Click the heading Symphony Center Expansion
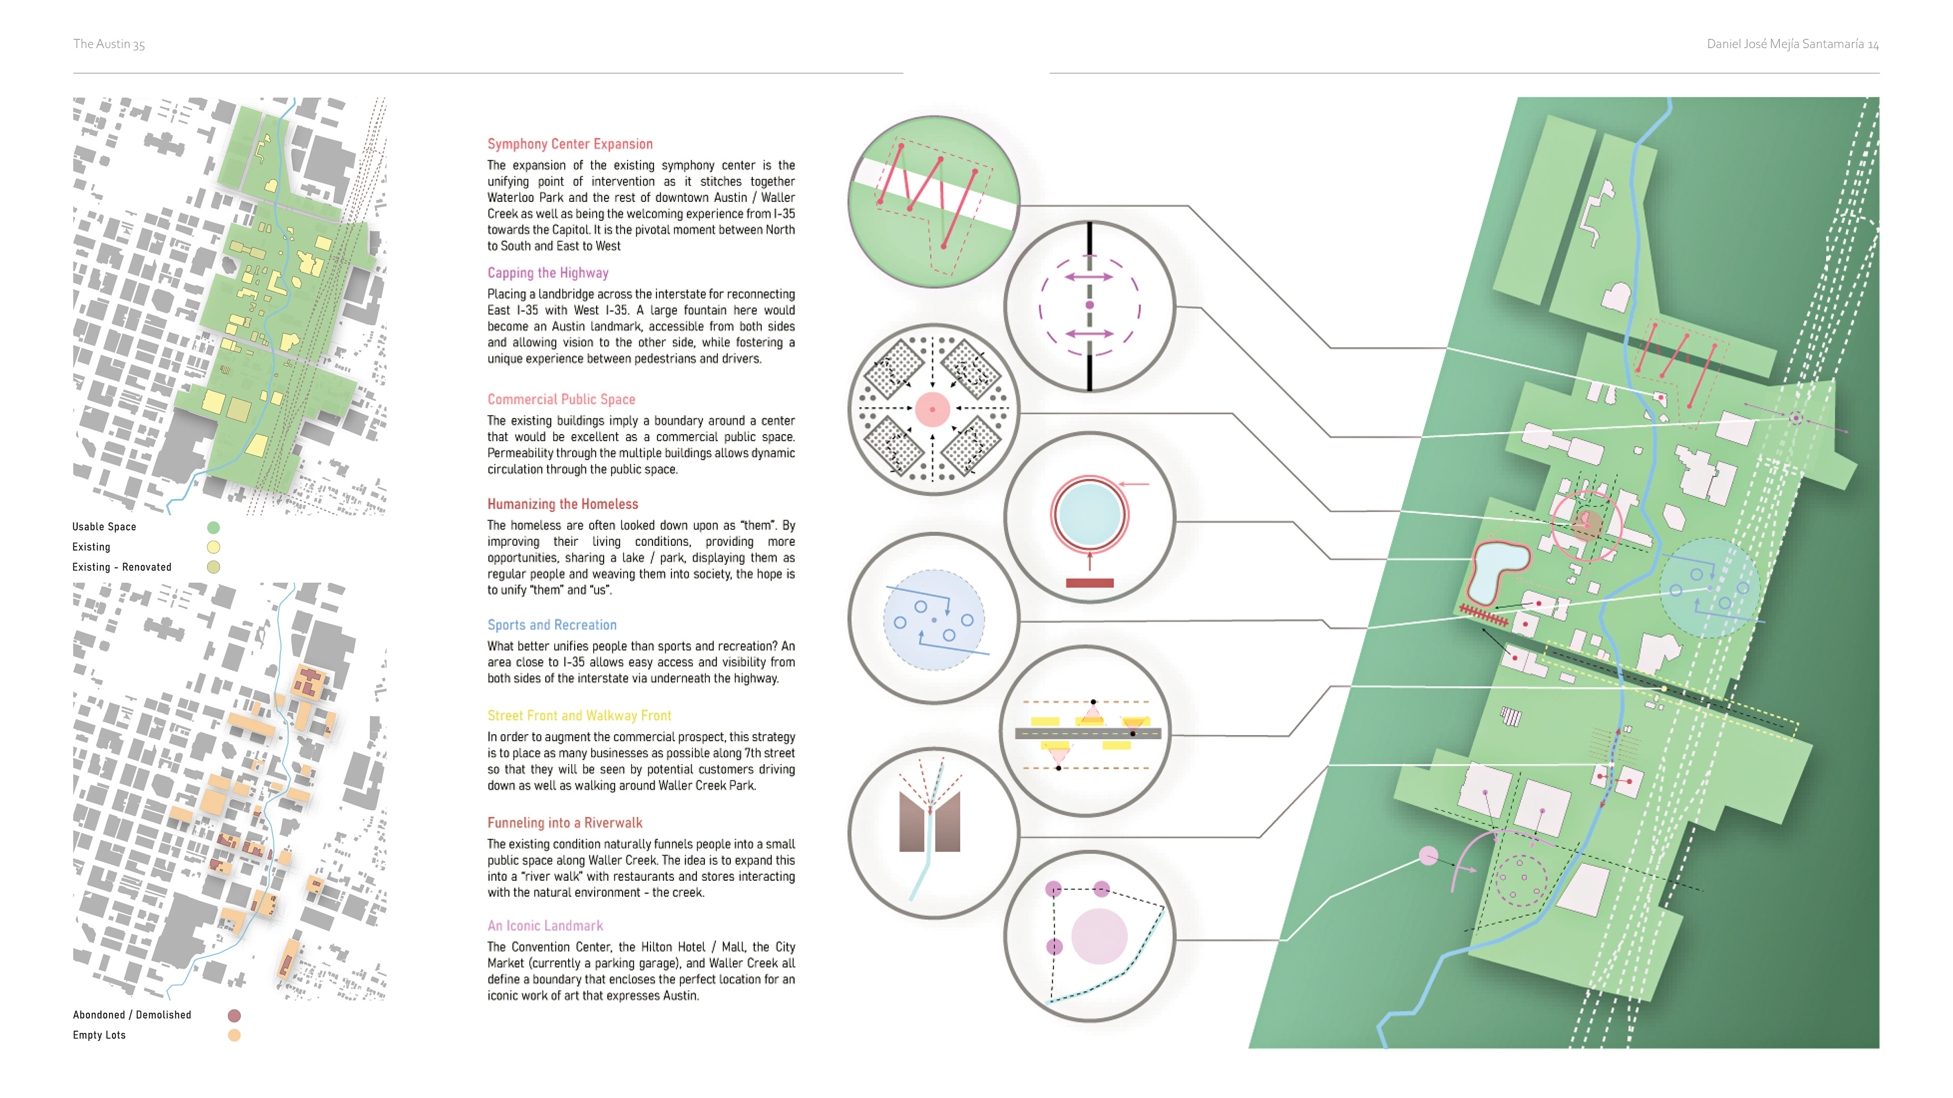[x=570, y=144]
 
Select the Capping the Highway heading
[x=547, y=273]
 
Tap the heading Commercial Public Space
[x=561, y=400]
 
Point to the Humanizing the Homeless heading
[x=563, y=504]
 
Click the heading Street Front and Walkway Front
[x=579, y=715]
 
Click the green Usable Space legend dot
[x=214, y=528]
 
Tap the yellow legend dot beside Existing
[x=214, y=547]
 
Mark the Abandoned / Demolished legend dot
[x=234, y=1016]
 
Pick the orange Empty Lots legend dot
[x=234, y=1035]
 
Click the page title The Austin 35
[x=108, y=44]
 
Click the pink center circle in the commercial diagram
[x=933, y=409]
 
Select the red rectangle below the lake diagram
[x=1089, y=583]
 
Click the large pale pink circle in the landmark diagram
[x=1099, y=936]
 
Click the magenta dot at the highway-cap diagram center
[x=1089, y=304]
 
